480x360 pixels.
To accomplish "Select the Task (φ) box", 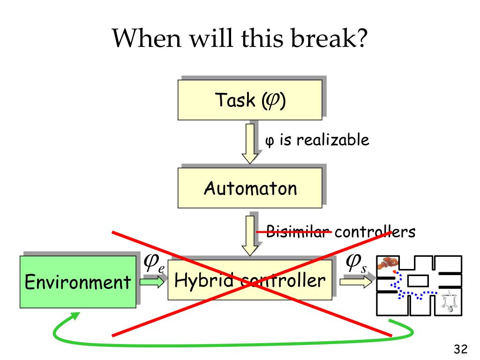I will [x=249, y=100].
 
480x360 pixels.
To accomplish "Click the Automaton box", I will [x=249, y=188].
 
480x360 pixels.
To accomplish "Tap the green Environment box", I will [x=77, y=281].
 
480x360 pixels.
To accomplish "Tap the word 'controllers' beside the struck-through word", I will [x=375, y=232].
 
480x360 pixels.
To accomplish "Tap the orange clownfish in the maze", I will [x=388, y=263].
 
